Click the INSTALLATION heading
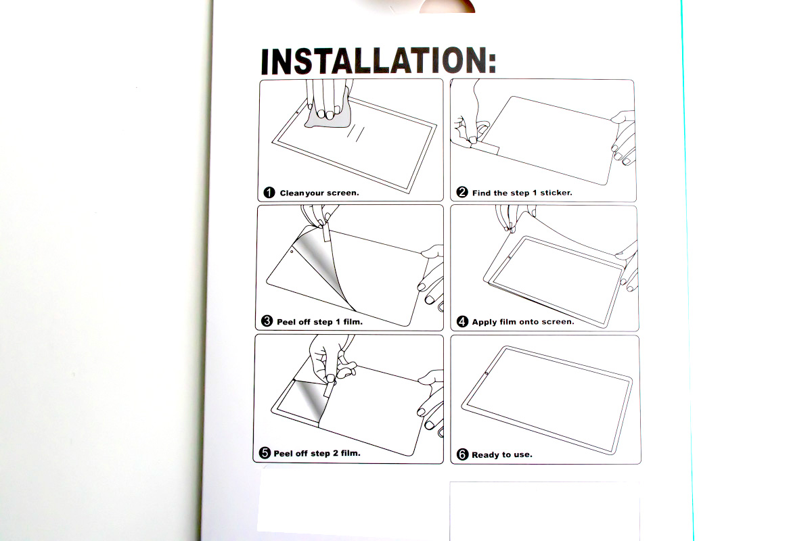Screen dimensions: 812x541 [x=378, y=61]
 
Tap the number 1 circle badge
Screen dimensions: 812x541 [x=269, y=193]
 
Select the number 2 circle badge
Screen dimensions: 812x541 [x=461, y=192]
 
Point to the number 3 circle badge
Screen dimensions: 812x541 [x=267, y=321]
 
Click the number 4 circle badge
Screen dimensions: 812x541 [x=462, y=321]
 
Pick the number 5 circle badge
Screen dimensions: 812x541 [x=265, y=452]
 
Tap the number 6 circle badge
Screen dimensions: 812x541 [x=462, y=454]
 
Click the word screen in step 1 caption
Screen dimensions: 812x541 [x=342, y=193]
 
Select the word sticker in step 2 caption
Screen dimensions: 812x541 [x=556, y=193]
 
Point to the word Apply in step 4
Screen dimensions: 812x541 [x=484, y=322]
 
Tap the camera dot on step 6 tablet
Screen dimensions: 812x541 [x=486, y=373]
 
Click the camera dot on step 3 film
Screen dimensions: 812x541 [x=292, y=252]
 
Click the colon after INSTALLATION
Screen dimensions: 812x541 [x=492, y=63]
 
